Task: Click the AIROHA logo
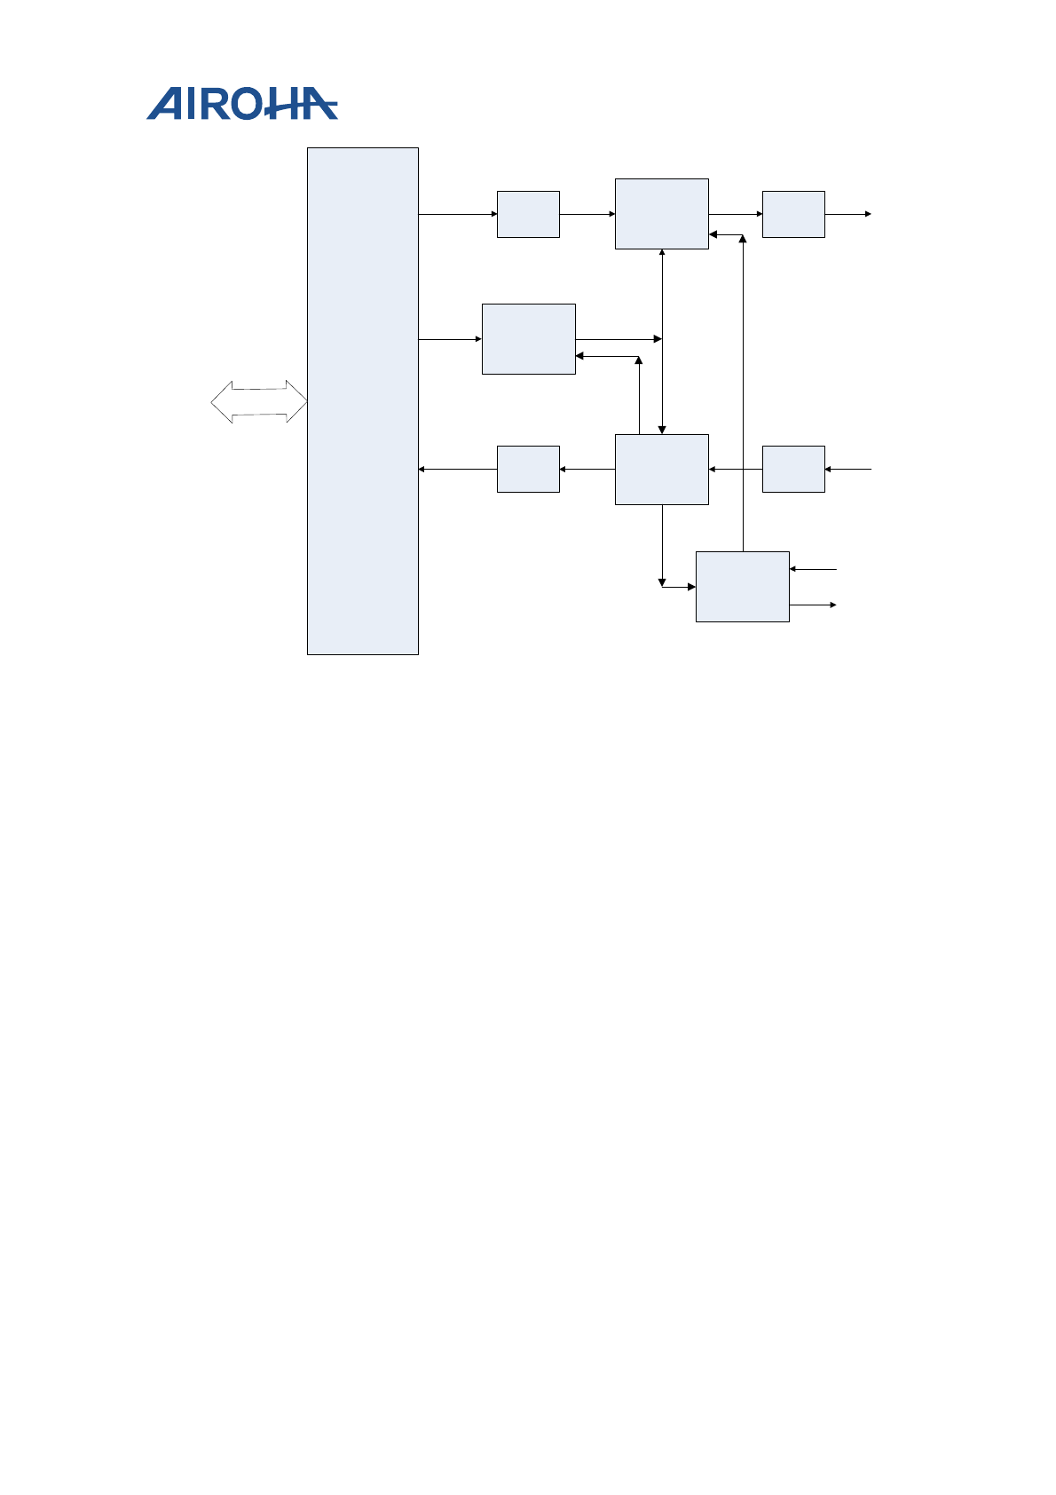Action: point(241,104)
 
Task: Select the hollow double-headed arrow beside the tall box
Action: point(259,402)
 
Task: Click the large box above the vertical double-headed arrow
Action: point(662,214)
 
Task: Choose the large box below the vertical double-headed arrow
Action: point(662,470)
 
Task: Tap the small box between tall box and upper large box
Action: point(528,214)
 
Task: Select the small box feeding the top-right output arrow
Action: point(793,214)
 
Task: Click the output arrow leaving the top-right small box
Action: point(848,214)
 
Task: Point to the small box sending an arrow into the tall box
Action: point(528,469)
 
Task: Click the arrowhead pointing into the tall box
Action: point(422,469)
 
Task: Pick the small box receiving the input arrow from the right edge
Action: point(793,469)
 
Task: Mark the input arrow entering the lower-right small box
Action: point(848,469)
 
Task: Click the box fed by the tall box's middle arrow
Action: point(528,339)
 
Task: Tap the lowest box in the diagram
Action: point(742,587)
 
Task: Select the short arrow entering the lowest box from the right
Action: point(813,569)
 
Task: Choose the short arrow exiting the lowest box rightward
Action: point(813,605)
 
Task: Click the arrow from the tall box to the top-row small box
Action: point(457,214)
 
